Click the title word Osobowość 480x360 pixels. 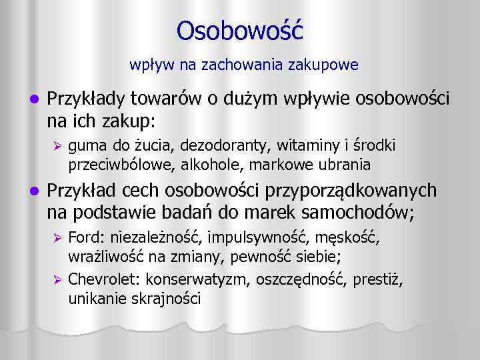click(240, 31)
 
